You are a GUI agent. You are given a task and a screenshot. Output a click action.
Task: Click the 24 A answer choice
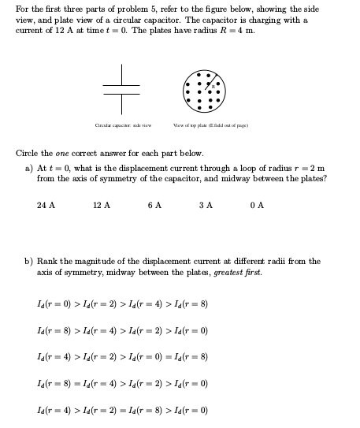46,205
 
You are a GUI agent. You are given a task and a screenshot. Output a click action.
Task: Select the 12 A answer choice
101,205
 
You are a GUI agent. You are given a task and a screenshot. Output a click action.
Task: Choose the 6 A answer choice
154,205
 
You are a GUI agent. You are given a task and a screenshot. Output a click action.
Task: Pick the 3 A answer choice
206,205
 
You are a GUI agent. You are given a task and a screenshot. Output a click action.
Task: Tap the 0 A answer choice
256,205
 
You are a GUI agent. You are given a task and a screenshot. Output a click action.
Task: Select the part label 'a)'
29,168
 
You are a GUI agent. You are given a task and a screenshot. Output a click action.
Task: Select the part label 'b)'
29,261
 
